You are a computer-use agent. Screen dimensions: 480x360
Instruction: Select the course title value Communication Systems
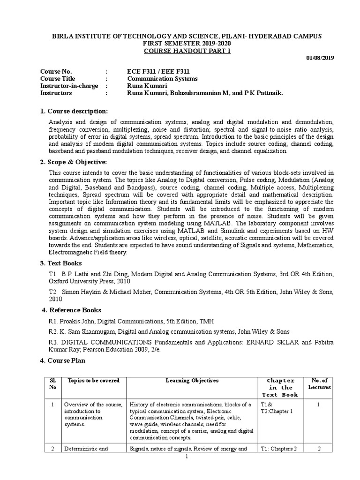162,79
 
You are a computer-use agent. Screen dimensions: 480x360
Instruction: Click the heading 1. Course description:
74,111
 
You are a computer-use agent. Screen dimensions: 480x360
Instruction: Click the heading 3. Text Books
61,263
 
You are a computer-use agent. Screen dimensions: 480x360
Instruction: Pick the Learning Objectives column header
192,381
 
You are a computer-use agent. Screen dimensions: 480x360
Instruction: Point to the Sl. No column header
53,384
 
